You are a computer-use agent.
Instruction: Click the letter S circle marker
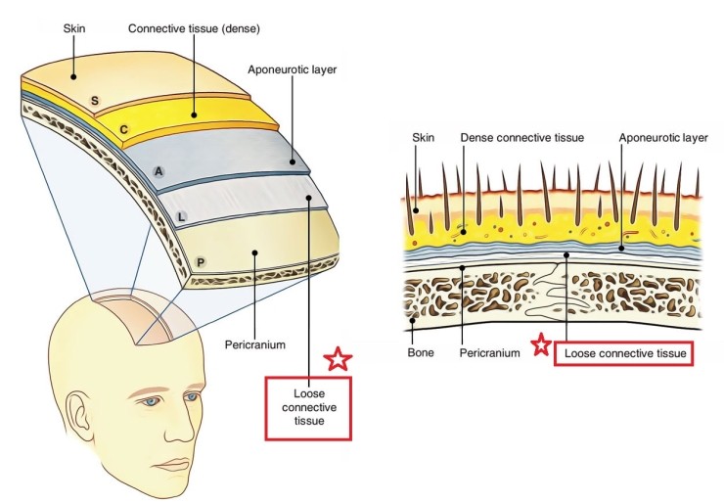(x=95, y=101)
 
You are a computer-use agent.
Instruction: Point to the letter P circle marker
(x=200, y=261)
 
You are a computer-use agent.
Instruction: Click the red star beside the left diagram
(x=338, y=359)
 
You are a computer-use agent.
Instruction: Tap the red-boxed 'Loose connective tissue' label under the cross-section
(x=624, y=349)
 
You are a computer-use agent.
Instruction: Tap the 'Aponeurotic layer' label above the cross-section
(x=662, y=138)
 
